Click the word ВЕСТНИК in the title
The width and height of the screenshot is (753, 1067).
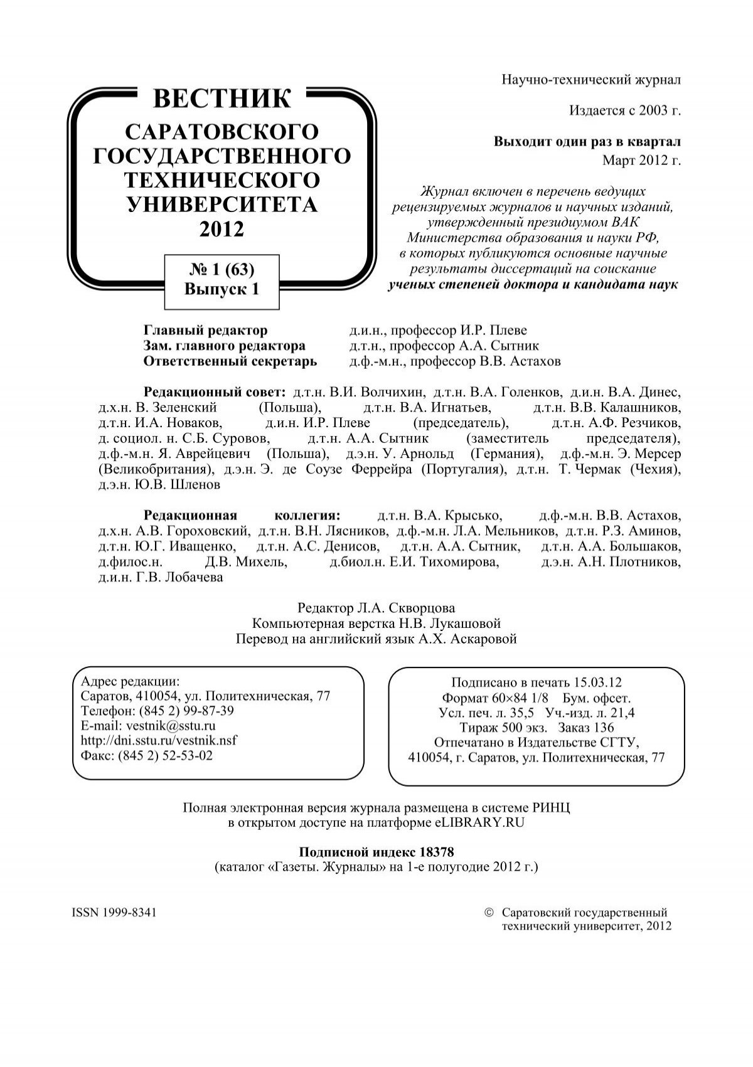point(222,99)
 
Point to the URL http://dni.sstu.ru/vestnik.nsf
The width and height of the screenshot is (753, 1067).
point(159,740)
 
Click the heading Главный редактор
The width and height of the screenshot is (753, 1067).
point(205,331)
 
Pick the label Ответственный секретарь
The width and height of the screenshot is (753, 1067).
point(230,362)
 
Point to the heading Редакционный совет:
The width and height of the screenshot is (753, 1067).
point(215,393)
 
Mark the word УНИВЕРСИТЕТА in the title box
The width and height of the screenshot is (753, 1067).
point(222,204)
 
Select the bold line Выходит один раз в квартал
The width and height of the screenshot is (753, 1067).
point(587,142)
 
